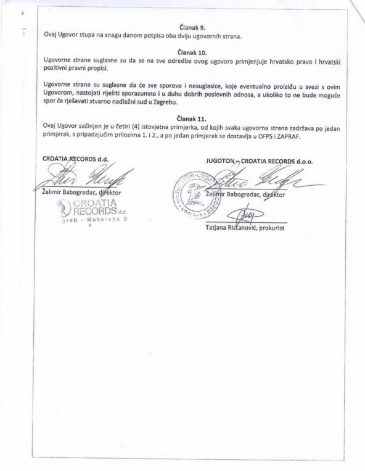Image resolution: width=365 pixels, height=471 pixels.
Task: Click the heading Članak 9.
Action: pos(191,27)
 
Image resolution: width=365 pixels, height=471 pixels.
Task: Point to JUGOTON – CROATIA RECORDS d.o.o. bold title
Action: pos(259,161)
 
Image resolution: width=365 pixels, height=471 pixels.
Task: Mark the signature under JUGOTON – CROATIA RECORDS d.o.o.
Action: pos(259,182)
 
